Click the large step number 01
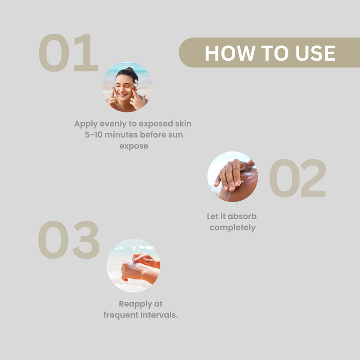[x=68, y=53]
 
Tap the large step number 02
[x=297, y=178]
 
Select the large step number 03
[x=69, y=240]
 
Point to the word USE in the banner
[x=315, y=53]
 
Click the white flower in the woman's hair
[x=137, y=84]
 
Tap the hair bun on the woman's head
[x=130, y=70]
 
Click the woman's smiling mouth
[x=123, y=94]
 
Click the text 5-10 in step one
[x=94, y=135]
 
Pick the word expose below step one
[x=134, y=147]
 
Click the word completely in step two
[x=233, y=228]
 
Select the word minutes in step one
[x=121, y=135]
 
